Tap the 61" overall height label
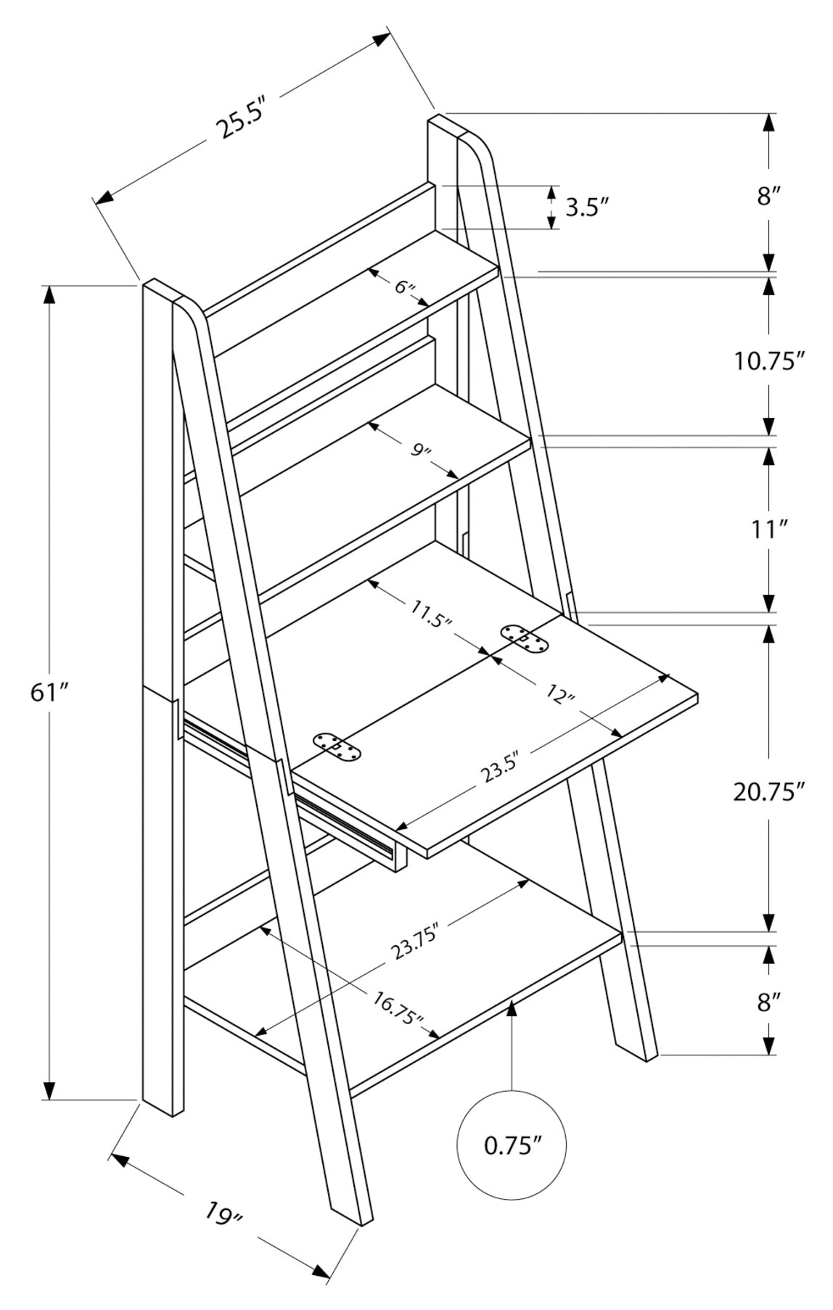click(49, 693)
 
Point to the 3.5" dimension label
click(586, 208)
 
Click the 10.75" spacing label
click(769, 361)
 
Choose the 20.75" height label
click(769, 791)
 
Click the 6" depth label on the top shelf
click(404, 287)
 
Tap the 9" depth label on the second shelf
click(420, 450)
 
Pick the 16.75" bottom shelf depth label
click(398, 1008)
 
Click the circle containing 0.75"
click(512, 1146)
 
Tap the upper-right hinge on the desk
click(525, 639)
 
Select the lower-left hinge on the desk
click(336, 747)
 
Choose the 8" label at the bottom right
click(769, 1002)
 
